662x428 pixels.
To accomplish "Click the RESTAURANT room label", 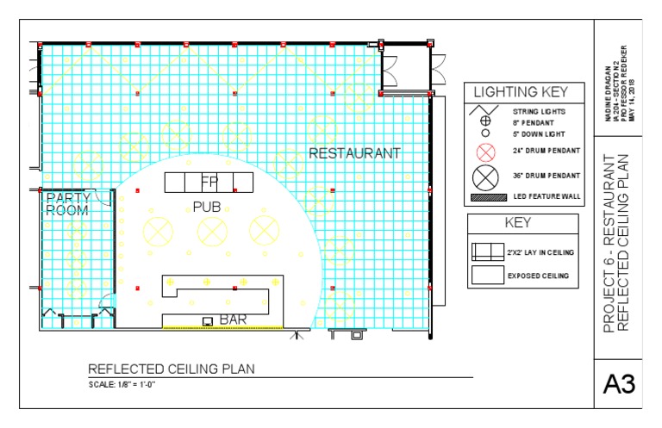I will coord(354,153).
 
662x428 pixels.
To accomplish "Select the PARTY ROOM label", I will coord(66,203).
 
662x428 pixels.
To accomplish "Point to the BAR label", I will coord(234,320).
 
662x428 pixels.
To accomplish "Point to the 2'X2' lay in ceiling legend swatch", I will coord(487,251).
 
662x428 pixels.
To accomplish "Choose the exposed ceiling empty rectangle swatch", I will coord(487,275).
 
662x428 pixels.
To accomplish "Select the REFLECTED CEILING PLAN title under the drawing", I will coord(171,369).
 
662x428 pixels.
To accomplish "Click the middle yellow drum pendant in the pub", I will coord(212,230).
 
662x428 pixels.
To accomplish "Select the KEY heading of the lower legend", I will coord(520,223).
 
